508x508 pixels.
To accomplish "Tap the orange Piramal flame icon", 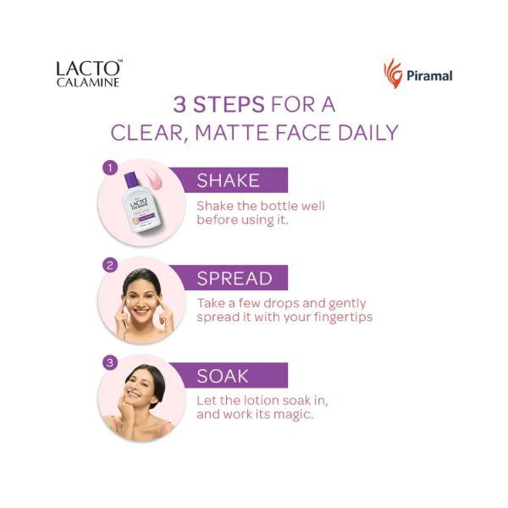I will pyautogui.click(x=393, y=74).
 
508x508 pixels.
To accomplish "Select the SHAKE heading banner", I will pyautogui.click(x=229, y=179).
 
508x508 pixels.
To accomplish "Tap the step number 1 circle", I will pyautogui.click(x=108, y=167).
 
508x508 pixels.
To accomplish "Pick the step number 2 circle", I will pyautogui.click(x=109, y=265).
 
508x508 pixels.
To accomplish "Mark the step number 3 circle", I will pyautogui.click(x=109, y=363).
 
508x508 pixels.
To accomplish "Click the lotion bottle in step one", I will pyautogui.click(x=136, y=202).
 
